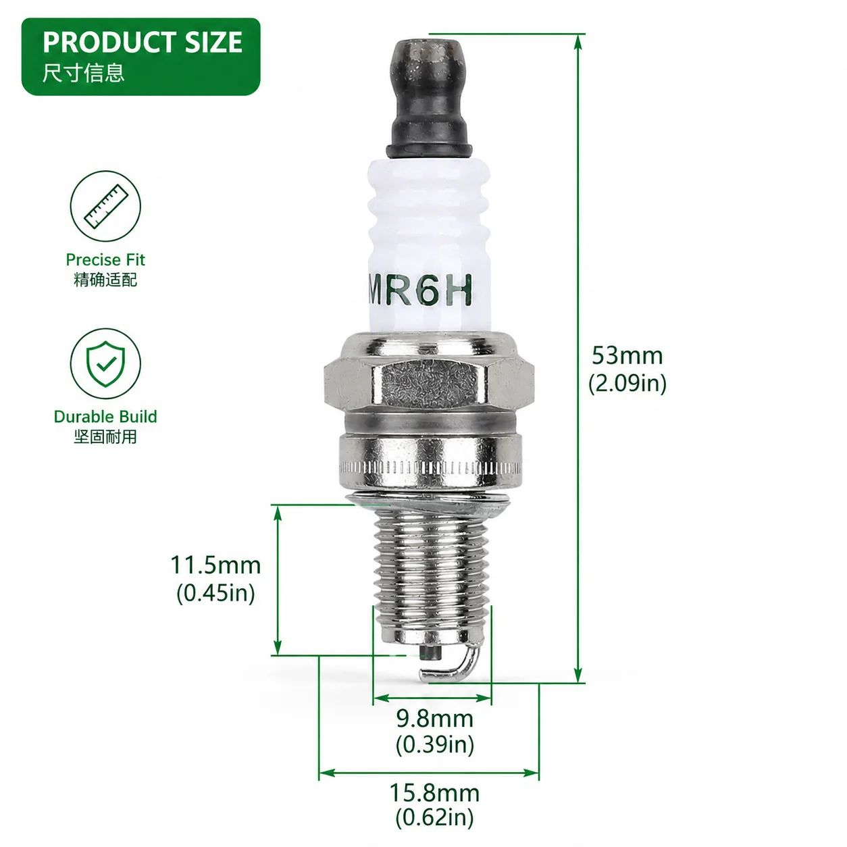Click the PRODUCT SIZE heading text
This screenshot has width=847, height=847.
point(143,42)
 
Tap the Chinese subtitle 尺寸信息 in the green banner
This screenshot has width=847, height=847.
point(84,72)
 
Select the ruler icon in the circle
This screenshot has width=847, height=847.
point(105,206)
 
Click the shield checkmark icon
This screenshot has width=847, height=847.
point(105,363)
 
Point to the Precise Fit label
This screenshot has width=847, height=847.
point(105,260)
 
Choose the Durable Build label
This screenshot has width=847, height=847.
point(105,417)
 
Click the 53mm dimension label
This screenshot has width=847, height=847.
point(627,355)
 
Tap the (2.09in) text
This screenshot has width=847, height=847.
point(627,383)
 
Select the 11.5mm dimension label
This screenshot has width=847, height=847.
point(215,565)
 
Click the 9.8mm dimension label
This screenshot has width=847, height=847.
point(435,719)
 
